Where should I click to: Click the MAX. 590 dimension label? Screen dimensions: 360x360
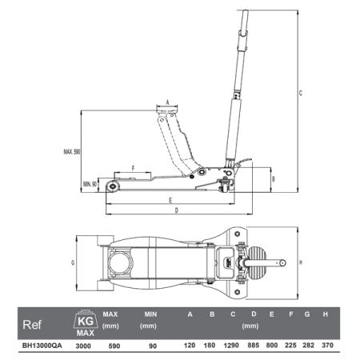pos(72,152)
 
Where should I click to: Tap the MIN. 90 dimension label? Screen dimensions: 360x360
pos(90,184)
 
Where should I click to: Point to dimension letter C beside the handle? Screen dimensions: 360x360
pos(301,93)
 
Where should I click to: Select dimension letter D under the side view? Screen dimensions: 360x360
pos(177,210)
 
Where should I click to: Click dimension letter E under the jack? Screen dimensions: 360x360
pos(170,200)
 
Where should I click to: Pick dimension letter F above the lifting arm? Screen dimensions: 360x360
pos(133,168)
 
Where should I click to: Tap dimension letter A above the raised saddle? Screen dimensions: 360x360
pos(167,102)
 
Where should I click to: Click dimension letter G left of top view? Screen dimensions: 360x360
pos(73,262)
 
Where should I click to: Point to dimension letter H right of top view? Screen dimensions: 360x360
pos(301,262)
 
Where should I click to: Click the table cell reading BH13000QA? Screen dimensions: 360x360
pos(42,346)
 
